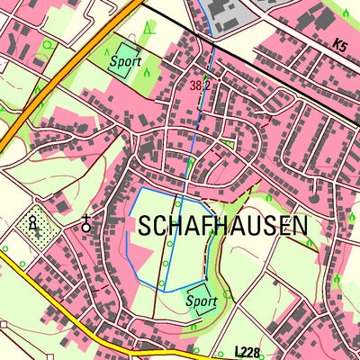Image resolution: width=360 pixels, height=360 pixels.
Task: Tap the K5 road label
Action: (x=338, y=44)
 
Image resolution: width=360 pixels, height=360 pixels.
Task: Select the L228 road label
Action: (x=250, y=350)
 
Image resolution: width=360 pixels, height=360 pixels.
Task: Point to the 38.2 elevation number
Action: (x=201, y=85)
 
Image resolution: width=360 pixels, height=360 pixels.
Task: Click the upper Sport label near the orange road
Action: (x=125, y=63)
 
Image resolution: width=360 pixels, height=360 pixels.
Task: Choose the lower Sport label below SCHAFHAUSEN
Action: (x=202, y=302)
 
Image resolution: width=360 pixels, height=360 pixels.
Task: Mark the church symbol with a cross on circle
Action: (x=86, y=224)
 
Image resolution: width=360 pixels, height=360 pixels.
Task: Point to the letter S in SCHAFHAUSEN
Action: (x=146, y=226)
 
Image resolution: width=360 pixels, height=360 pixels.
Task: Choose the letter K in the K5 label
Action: (x=334, y=44)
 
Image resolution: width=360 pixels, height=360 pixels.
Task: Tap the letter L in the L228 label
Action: (x=238, y=350)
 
